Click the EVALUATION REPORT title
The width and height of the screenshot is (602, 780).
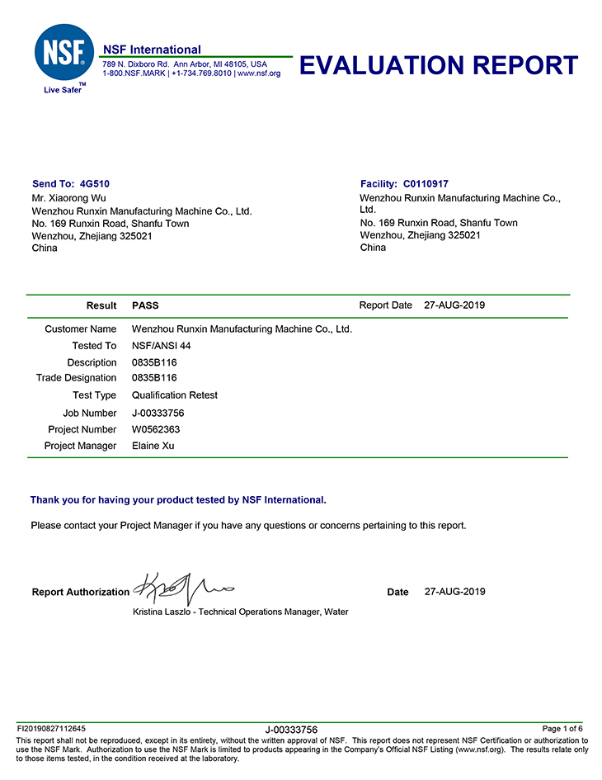click(438, 65)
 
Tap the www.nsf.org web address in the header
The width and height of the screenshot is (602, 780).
click(259, 73)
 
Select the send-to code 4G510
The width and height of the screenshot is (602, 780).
click(95, 184)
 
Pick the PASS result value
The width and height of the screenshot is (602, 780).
click(145, 305)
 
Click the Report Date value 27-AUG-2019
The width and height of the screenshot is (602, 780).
click(454, 305)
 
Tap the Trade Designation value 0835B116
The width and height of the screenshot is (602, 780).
click(154, 378)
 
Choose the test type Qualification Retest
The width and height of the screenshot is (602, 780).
click(175, 395)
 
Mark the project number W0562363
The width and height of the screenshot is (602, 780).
click(156, 429)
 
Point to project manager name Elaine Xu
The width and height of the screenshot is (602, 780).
click(153, 446)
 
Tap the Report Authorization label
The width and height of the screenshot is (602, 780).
click(81, 592)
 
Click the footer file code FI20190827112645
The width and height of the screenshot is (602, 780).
click(51, 729)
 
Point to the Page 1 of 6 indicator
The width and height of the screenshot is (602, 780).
click(562, 729)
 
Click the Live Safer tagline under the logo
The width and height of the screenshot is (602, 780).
click(63, 89)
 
